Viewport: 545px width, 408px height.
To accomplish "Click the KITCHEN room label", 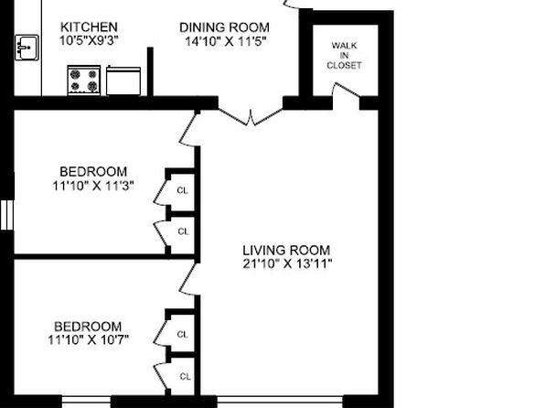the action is (x=89, y=27).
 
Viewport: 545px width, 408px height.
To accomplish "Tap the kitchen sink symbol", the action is (x=27, y=48).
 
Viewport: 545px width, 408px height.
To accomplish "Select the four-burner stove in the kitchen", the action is (x=84, y=80).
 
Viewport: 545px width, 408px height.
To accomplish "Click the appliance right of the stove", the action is (x=123, y=81).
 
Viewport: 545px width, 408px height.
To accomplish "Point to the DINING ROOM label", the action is (x=224, y=27).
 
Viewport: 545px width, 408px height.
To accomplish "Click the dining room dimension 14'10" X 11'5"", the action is (x=225, y=41).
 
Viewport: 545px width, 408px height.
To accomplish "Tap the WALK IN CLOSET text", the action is (x=344, y=55).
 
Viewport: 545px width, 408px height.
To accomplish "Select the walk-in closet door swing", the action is (x=346, y=91).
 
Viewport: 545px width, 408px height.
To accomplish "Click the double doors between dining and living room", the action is (x=251, y=114).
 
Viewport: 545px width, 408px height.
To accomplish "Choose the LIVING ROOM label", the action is (x=286, y=250).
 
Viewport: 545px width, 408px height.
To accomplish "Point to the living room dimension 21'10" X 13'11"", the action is (x=287, y=263).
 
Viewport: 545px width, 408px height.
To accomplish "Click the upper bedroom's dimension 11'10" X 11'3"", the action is (x=92, y=186).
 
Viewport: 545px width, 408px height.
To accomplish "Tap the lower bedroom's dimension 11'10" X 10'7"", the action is (x=89, y=339).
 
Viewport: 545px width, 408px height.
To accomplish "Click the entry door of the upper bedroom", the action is (x=187, y=129).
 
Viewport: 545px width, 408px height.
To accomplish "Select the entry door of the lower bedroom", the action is (x=187, y=279).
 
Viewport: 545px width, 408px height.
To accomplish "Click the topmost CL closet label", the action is (x=182, y=190).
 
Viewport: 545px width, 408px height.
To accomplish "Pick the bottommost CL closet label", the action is (x=186, y=376).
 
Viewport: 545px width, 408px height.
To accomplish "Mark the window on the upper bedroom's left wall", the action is (x=7, y=215).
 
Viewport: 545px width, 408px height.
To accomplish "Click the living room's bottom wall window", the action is (x=280, y=402).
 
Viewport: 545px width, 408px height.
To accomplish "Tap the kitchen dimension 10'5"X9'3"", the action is (x=89, y=40).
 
